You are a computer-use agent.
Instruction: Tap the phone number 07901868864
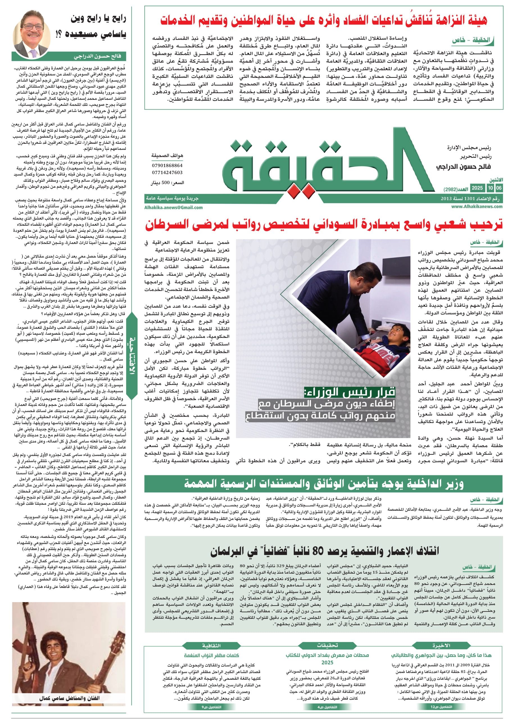pyautogui.click(x=167, y=165)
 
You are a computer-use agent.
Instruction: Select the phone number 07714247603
pyautogui.click(x=167, y=172)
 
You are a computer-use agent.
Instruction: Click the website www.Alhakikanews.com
pyautogui.click(x=476, y=206)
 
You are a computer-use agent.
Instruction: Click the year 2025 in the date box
pyautogui.click(x=477, y=188)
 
